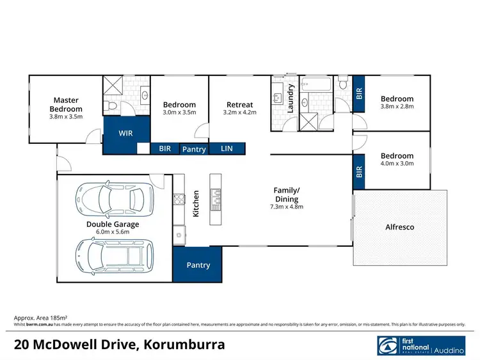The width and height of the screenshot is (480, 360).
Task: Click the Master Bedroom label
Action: tap(66, 104)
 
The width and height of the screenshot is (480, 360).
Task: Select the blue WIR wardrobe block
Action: tap(125, 134)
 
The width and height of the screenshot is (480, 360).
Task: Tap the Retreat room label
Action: tap(240, 105)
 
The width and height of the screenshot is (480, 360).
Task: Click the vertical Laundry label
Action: tap(290, 98)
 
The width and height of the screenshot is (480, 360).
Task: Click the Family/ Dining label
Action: tap(286, 194)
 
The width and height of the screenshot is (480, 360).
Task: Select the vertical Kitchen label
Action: tap(196, 202)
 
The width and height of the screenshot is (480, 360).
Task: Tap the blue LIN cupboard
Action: tap(227, 148)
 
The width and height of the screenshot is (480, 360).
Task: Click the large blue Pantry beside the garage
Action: tap(198, 265)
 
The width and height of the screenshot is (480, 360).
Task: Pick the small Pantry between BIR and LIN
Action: tap(194, 148)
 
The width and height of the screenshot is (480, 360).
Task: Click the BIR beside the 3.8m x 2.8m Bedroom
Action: tap(358, 93)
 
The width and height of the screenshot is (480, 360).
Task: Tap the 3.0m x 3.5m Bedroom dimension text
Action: tap(179, 113)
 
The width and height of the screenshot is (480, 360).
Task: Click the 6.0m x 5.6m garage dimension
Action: tap(113, 232)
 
